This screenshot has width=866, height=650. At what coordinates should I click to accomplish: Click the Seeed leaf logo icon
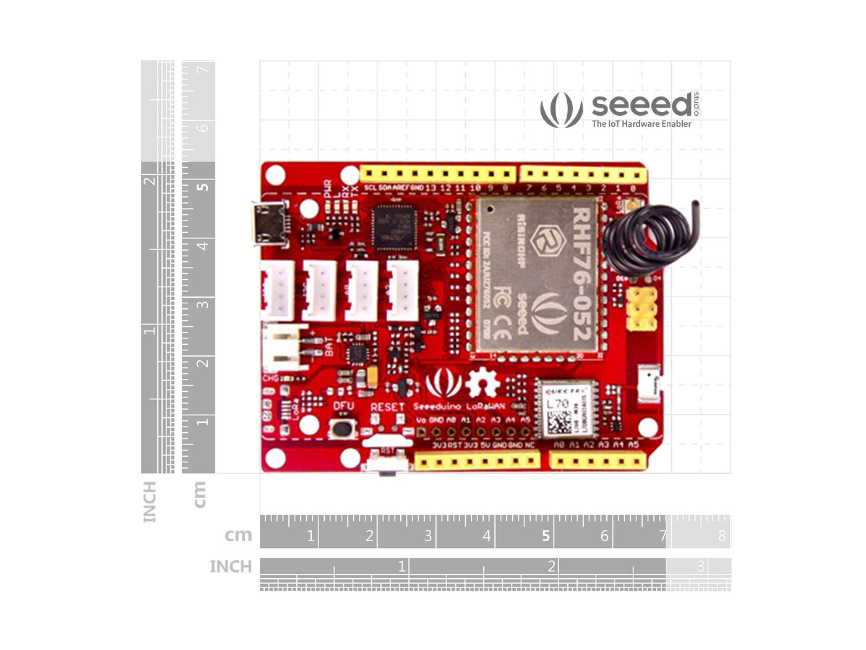point(561,110)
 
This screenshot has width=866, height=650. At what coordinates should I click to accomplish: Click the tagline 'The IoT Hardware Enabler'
point(641,124)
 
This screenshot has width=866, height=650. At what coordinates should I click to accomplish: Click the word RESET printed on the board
point(387,407)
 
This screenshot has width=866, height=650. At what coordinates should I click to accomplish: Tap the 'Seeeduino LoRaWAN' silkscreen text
point(458,407)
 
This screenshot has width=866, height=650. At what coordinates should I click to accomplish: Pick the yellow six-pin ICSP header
point(641,308)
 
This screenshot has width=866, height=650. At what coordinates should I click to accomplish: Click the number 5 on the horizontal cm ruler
point(546,535)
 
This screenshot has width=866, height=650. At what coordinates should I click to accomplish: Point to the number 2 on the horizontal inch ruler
point(551,566)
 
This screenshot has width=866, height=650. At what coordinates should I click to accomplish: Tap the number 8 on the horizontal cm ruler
point(721,535)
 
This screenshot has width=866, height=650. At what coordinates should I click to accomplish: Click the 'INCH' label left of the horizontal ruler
point(231,566)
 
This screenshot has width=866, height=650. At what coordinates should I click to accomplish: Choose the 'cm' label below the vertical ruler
point(199,495)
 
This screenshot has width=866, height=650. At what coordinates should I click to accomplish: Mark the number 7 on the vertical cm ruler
point(202,69)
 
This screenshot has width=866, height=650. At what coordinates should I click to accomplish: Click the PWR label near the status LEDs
point(328,186)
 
